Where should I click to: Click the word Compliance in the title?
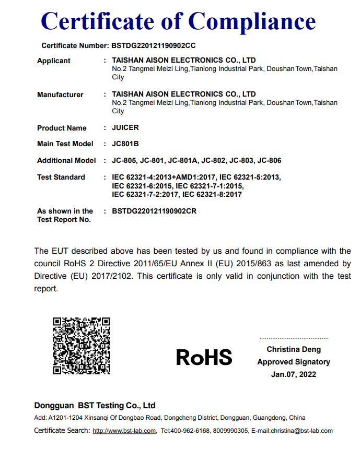pos(252,21)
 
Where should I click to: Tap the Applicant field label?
pos(53,61)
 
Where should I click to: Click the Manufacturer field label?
pos(60,94)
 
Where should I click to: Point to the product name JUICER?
pos(125,128)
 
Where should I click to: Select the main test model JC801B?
pos(125,144)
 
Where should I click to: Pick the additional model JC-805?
pos(124,160)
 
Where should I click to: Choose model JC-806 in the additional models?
pos(270,160)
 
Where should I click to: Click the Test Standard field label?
pos(61,177)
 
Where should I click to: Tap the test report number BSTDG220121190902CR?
pos(154,211)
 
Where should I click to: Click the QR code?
pos(82,346)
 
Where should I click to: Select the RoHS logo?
pos(204,357)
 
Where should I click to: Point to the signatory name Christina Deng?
pos(294,349)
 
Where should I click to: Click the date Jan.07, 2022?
pos(294,374)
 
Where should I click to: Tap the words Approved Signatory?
pos(294,362)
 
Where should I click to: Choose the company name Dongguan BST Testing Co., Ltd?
pos(95,406)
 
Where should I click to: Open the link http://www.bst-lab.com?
pos(124,431)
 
